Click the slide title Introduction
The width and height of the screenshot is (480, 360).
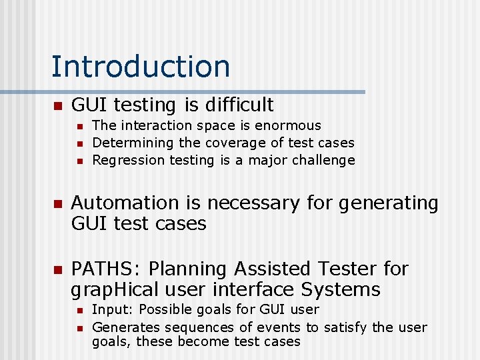141,66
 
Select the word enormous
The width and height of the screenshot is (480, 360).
288,125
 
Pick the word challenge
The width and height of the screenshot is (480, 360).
323,160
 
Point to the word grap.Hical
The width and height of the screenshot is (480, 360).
115,290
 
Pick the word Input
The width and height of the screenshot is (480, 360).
107,310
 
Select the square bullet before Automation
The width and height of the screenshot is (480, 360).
58,203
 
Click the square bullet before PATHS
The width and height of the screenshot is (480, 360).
58,269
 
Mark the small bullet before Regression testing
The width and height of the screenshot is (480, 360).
79,161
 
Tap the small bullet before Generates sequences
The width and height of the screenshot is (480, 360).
79,328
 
